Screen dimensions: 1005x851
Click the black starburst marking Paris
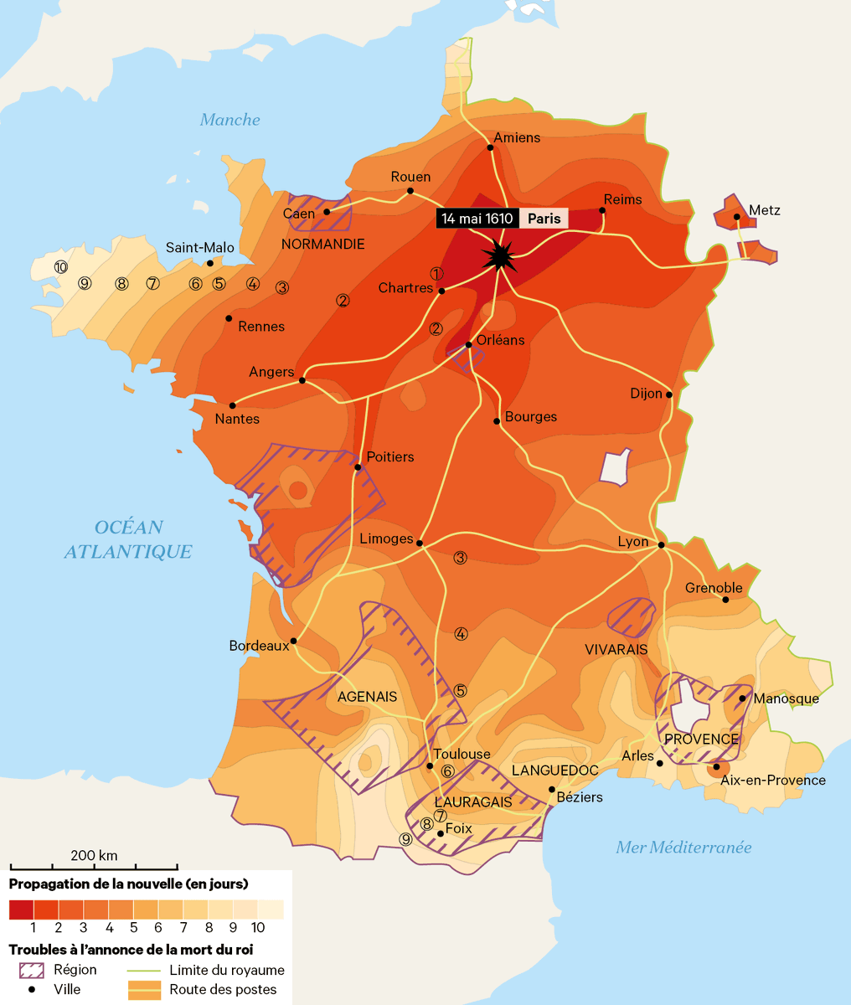point(500,255)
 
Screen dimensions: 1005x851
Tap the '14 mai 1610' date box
point(477,219)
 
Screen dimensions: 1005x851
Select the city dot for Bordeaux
point(294,642)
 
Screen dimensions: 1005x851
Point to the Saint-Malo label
point(200,247)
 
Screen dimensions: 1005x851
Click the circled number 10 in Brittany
point(60,267)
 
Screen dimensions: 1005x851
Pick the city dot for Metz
point(736,217)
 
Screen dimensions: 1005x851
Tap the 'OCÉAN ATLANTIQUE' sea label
point(128,539)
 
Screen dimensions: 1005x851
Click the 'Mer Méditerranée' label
point(683,848)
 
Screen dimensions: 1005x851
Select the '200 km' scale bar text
point(94,855)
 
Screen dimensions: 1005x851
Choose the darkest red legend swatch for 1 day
point(21,910)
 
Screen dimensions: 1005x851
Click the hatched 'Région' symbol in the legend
point(32,970)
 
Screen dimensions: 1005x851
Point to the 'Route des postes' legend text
point(223,989)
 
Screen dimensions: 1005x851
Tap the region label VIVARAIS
point(616,650)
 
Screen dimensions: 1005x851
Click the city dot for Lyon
point(661,545)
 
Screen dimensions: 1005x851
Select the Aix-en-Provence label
point(773,781)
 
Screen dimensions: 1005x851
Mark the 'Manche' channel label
point(230,120)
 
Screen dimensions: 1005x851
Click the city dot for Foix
point(441,833)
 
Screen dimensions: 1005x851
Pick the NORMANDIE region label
point(322,245)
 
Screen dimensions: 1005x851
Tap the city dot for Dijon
point(669,394)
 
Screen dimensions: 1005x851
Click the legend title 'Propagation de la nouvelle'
point(128,884)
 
